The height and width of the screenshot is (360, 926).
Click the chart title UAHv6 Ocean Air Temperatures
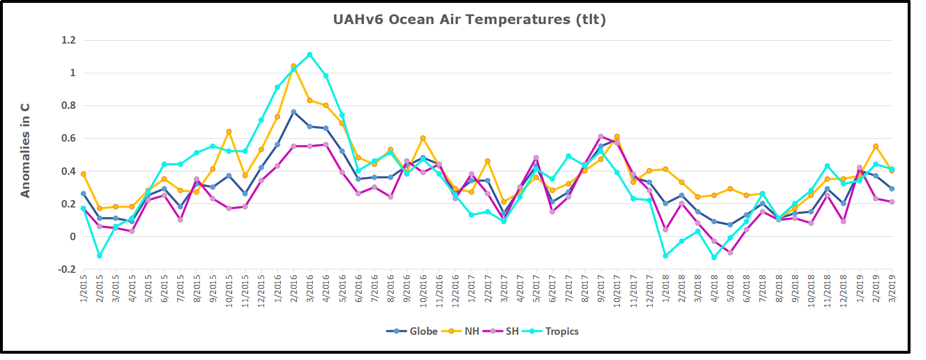tap(469, 19)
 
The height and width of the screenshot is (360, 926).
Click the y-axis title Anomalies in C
tap(25, 151)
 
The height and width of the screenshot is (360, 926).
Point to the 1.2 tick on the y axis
tap(69, 40)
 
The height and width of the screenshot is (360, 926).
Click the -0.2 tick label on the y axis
tap(68, 269)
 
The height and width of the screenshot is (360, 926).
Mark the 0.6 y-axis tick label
tap(69, 138)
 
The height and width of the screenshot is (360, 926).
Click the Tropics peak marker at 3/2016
tap(310, 55)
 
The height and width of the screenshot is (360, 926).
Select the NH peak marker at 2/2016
tap(294, 66)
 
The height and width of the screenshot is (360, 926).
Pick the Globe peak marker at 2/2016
tap(294, 112)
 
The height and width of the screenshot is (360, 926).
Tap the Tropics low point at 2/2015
tap(100, 256)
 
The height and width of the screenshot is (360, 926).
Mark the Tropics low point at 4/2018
tap(715, 257)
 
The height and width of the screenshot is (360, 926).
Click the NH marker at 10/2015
tap(229, 132)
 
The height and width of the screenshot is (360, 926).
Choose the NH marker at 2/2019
tap(876, 147)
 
